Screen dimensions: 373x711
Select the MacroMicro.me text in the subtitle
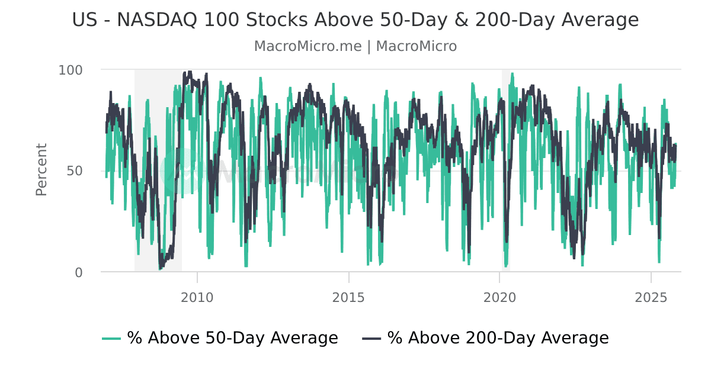pos(308,46)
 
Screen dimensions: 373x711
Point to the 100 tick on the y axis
pos(71,70)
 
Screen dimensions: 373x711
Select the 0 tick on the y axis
pos(79,272)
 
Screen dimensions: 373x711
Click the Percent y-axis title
pos(41,169)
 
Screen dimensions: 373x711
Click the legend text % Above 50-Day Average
pos(232,338)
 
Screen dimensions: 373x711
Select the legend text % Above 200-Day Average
pos(498,338)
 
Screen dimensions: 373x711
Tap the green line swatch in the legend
pos(111,339)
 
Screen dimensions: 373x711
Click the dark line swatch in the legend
pos(371,339)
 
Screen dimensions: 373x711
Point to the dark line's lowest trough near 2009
pos(160,268)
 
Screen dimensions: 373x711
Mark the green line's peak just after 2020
pos(512,73)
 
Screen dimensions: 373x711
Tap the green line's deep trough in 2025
pos(659,262)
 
